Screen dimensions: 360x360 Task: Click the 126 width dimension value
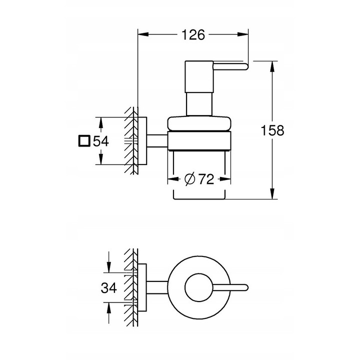[x=193, y=35]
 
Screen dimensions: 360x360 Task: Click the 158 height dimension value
[x=272, y=130]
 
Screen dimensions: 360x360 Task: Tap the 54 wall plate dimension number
[x=101, y=141]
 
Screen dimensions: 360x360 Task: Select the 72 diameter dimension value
[x=206, y=179]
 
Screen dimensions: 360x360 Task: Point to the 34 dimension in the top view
[x=109, y=287]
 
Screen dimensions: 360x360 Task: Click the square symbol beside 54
[x=84, y=140]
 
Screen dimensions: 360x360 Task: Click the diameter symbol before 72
[x=189, y=179]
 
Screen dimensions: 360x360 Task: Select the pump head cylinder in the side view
[x=199, y=77]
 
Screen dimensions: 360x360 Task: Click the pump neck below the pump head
[x=199, y=104]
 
